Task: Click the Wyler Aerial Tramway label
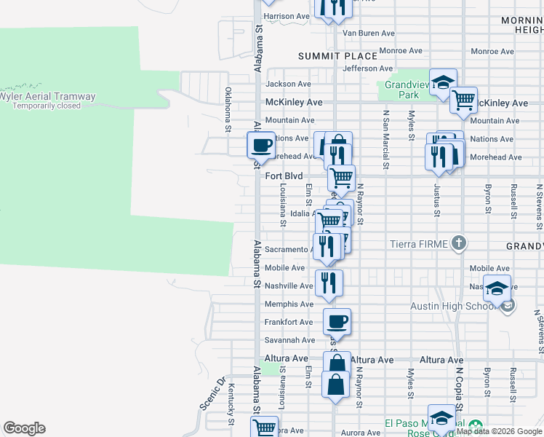coord(47,96)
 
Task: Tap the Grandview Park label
coord(402,90)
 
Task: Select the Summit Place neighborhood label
coord(338,56)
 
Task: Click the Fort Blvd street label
coord(284,176)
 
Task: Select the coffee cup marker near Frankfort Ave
coord(336,321)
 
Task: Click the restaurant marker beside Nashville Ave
coord(329,282)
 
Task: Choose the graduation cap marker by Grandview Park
coord(442,83)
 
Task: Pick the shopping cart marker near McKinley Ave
coord(463,100)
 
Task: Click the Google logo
coord(24,428)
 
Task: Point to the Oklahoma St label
coord(228,110)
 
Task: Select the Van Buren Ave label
coord(368,34)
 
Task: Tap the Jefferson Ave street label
coord(368,68)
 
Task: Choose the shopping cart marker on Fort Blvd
coord(340,177)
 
